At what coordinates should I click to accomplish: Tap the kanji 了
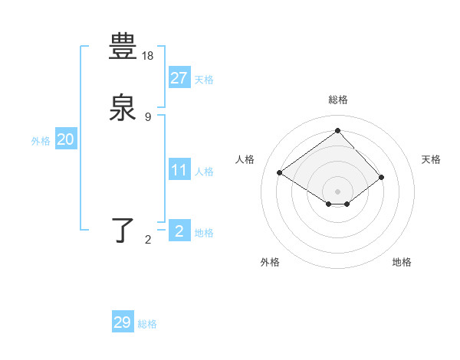[123, 230]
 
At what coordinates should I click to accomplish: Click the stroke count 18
[149, 56]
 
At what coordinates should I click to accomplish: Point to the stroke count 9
[148, 116]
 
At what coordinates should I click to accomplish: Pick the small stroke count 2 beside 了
[148, 240]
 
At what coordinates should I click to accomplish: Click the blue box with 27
[179, 78]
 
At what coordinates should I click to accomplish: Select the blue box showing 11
[179, 170]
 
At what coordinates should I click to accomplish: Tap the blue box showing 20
[65, 139]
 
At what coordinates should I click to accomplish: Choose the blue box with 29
[123, 322]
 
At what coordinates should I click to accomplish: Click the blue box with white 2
[179, 231]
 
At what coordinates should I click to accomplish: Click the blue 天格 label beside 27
[204, 80]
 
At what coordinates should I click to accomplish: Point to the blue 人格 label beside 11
[204, 172]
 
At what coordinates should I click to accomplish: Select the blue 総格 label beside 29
[147, 324]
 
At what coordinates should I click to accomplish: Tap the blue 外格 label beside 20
[41, 141]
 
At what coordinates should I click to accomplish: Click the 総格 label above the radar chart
[337, 100]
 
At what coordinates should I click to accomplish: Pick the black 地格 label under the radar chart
[402, 262]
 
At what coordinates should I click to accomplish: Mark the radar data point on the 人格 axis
[280, 173]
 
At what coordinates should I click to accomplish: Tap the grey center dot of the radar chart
[337, 191]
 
